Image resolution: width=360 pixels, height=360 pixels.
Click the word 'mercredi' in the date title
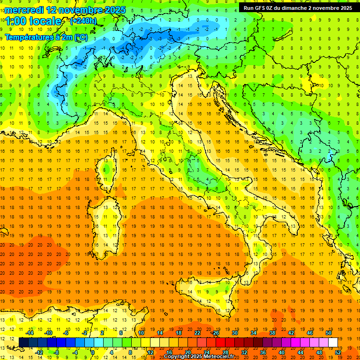point(25,9)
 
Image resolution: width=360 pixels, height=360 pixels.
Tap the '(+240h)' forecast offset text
point(83,21)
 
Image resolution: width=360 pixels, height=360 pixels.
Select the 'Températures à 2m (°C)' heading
point(46,37)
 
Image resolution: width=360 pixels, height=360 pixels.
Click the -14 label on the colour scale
point(30,333)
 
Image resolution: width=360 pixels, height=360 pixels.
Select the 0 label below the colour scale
point(92,352)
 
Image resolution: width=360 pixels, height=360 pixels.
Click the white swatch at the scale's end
point(333,343)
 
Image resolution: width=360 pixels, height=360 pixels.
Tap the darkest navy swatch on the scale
point(23,343)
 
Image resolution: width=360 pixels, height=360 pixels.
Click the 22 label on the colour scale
point(197,333)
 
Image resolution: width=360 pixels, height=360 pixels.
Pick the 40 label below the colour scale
point(281,352)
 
